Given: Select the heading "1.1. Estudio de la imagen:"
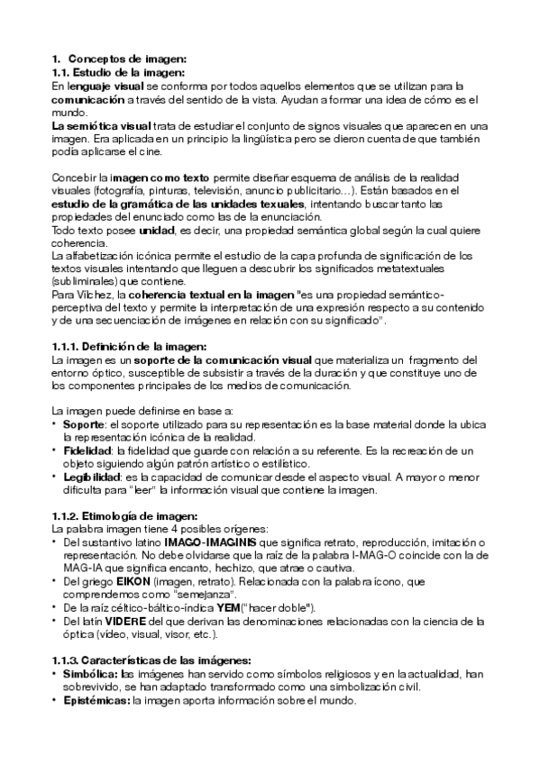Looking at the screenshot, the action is click(118, 71).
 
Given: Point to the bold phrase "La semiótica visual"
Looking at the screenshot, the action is click(101, 127).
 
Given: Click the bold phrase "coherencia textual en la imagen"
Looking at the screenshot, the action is click(209, 295).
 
